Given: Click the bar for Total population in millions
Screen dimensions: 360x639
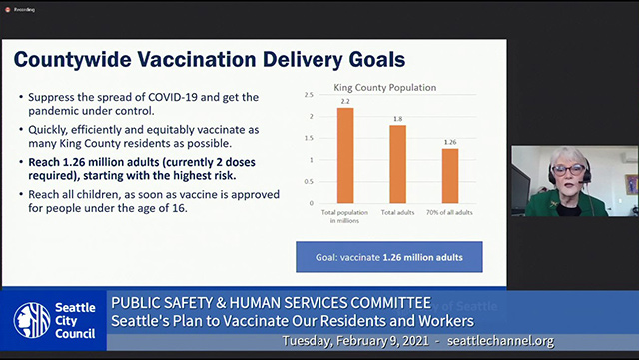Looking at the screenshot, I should tap(345, 154).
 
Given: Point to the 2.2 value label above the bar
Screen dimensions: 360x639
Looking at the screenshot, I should tap(345, 102).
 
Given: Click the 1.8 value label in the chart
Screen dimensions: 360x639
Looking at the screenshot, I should tap(397, 119).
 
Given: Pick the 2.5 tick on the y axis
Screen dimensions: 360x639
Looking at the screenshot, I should tap(310, 95).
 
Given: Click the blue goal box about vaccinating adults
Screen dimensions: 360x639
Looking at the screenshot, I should tap(388, 257).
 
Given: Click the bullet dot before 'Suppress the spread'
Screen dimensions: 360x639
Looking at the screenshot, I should tap(21, 97).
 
